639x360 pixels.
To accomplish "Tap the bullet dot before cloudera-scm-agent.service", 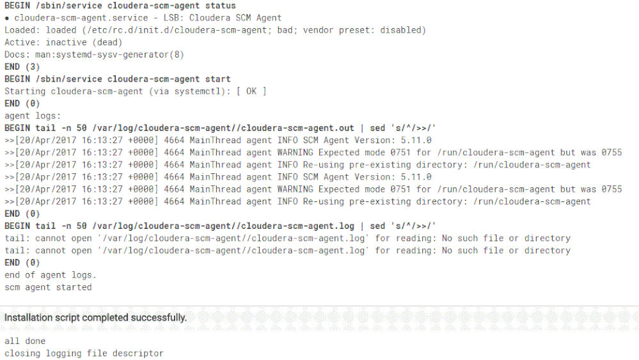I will [7, 18].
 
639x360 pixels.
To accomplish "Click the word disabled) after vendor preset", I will [400, 30].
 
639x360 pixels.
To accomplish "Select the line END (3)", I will [22, 67].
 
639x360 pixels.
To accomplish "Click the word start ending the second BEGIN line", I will [217, 79].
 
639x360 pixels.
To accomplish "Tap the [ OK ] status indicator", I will [251, 91].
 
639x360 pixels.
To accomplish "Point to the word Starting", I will [25, 91].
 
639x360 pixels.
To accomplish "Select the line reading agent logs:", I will [33, 116].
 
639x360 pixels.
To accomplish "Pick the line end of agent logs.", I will [50, 275].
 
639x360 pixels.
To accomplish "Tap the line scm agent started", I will [48, 287].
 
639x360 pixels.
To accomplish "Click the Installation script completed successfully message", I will [96, 317].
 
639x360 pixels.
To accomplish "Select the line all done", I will [25, 341].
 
